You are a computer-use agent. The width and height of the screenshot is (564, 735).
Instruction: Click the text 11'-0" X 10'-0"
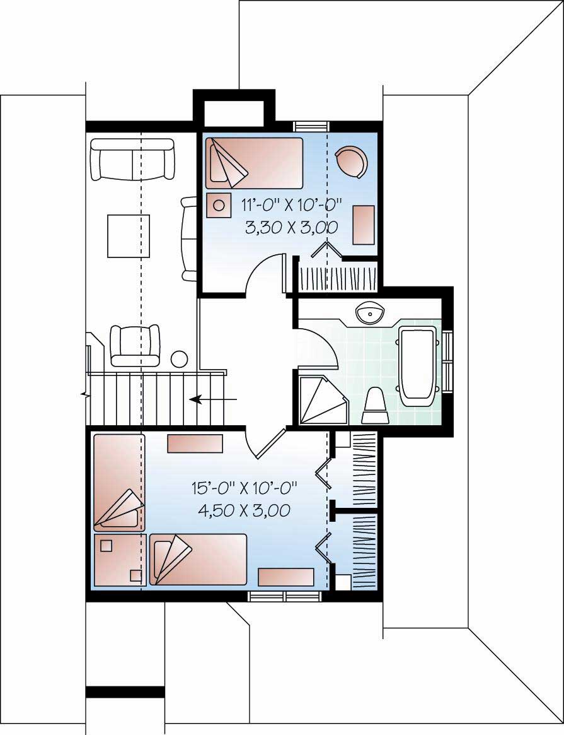291,204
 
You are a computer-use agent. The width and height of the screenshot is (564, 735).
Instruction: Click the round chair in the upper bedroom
350,161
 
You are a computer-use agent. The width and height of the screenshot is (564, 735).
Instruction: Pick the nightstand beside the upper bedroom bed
219,205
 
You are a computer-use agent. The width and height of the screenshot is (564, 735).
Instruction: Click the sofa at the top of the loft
133,159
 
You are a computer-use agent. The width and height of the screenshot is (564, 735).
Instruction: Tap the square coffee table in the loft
129,236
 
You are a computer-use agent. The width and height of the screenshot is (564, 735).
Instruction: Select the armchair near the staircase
134,344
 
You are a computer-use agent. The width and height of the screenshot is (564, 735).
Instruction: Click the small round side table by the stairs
179,359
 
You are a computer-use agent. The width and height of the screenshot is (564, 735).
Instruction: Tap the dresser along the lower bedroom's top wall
195,444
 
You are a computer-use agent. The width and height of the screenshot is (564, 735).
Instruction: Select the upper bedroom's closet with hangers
338,276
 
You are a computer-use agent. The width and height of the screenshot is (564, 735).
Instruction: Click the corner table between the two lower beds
120,560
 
